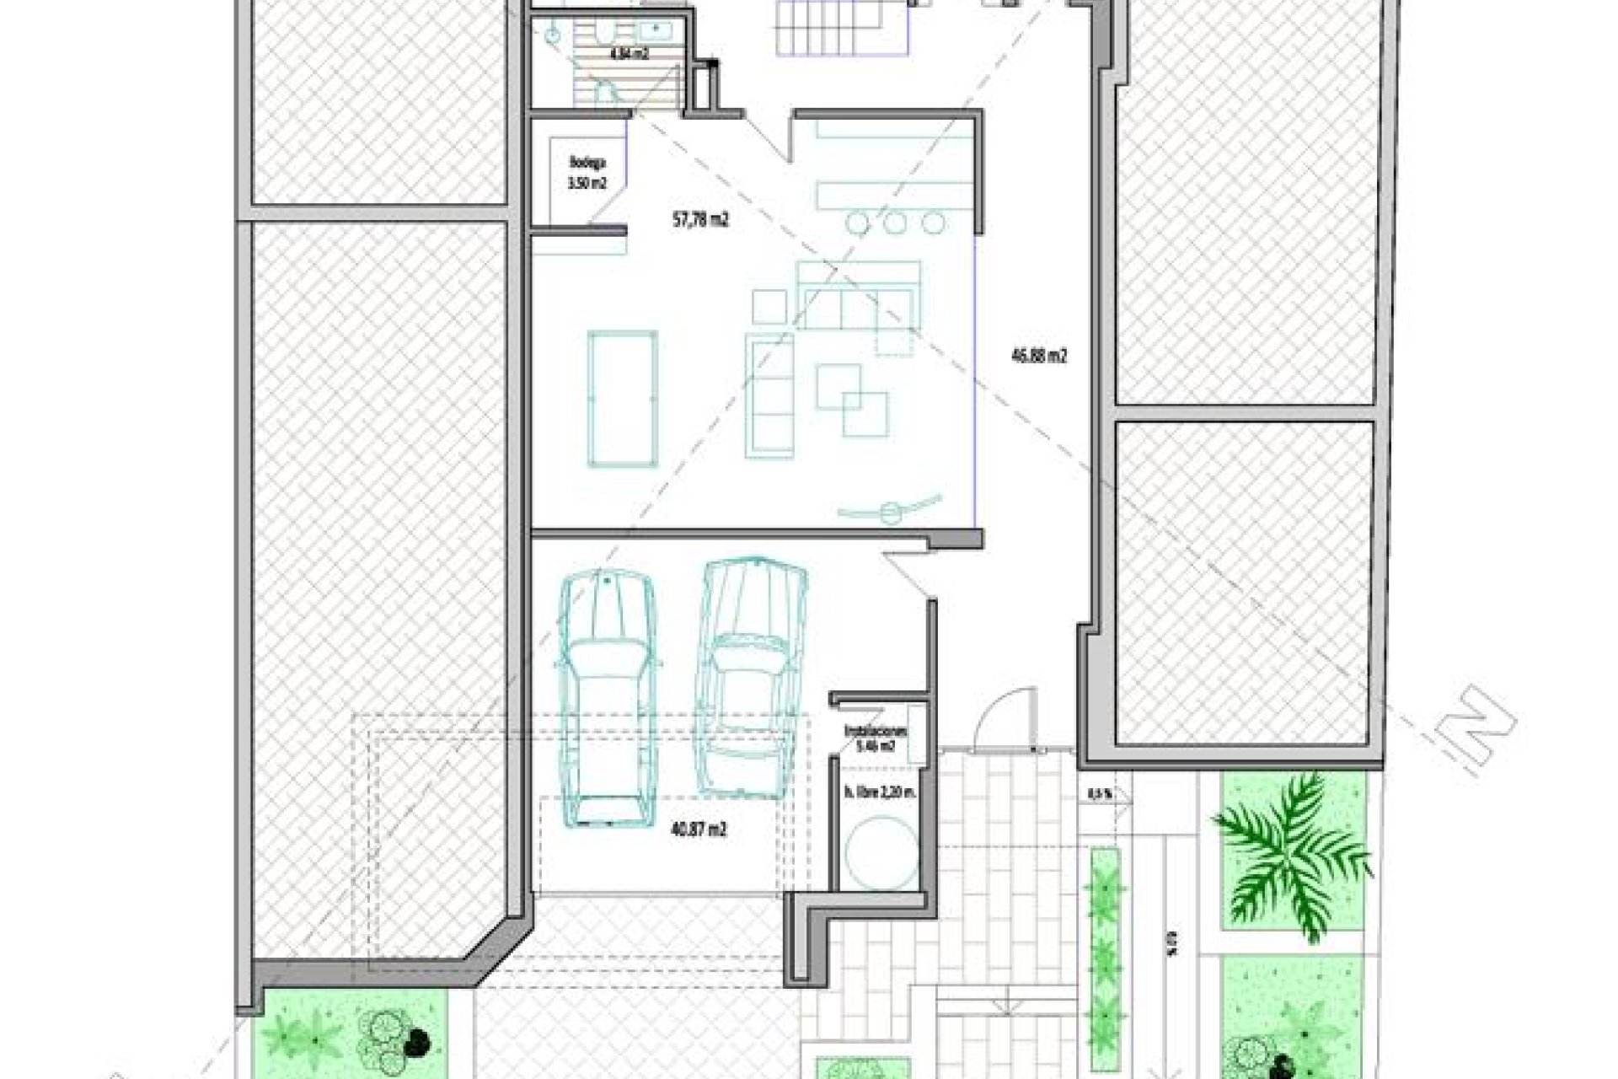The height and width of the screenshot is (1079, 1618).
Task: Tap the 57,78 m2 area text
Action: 694,221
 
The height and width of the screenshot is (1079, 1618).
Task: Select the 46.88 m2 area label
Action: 1039,356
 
